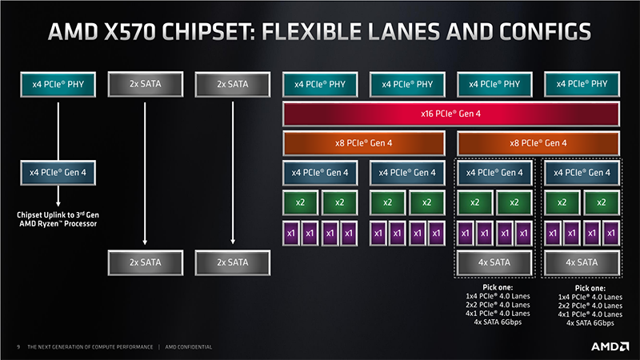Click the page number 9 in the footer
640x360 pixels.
18,347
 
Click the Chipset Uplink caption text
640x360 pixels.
58,219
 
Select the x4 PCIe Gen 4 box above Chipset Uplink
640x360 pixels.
58,172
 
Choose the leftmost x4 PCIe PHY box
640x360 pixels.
58,83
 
